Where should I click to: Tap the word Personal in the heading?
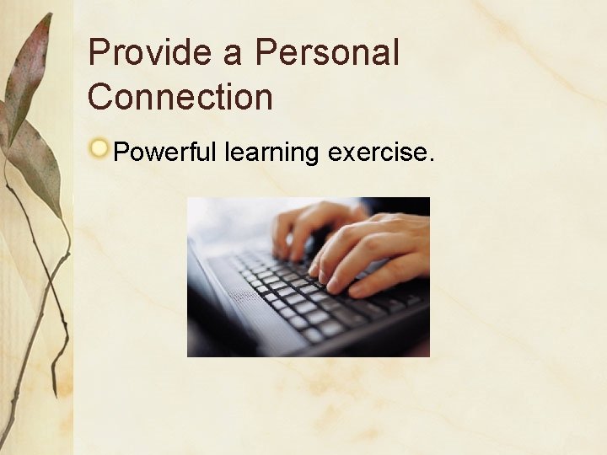[327, 53]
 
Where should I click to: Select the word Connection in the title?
[180, 97]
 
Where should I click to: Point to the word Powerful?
[165, 153]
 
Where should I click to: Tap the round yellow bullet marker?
[100, 149]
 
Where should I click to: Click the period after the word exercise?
[431, 160]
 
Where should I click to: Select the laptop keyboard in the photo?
[312, 295]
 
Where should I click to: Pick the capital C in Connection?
[100, 97]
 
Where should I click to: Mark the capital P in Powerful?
[121, 153]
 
